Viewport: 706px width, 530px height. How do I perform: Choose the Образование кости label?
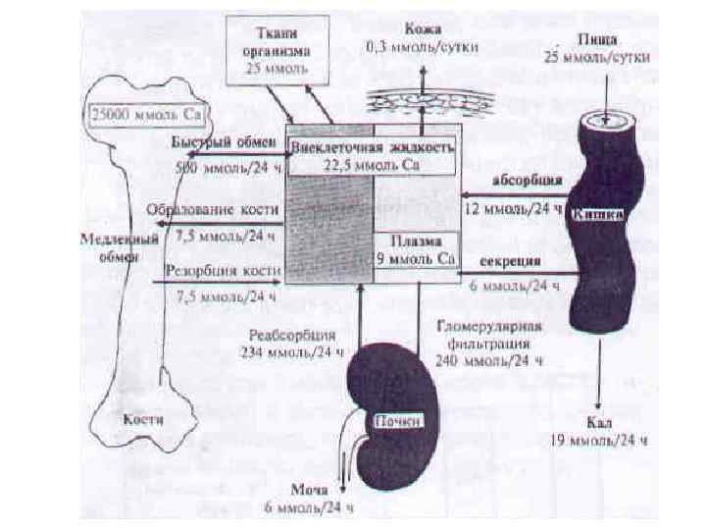pos(213,209)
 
